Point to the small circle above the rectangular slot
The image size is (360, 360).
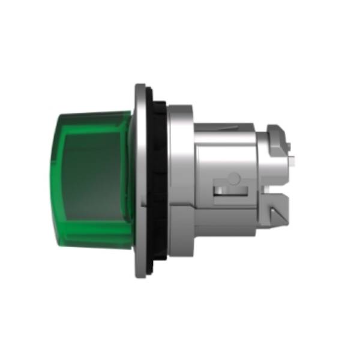point(234,178)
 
